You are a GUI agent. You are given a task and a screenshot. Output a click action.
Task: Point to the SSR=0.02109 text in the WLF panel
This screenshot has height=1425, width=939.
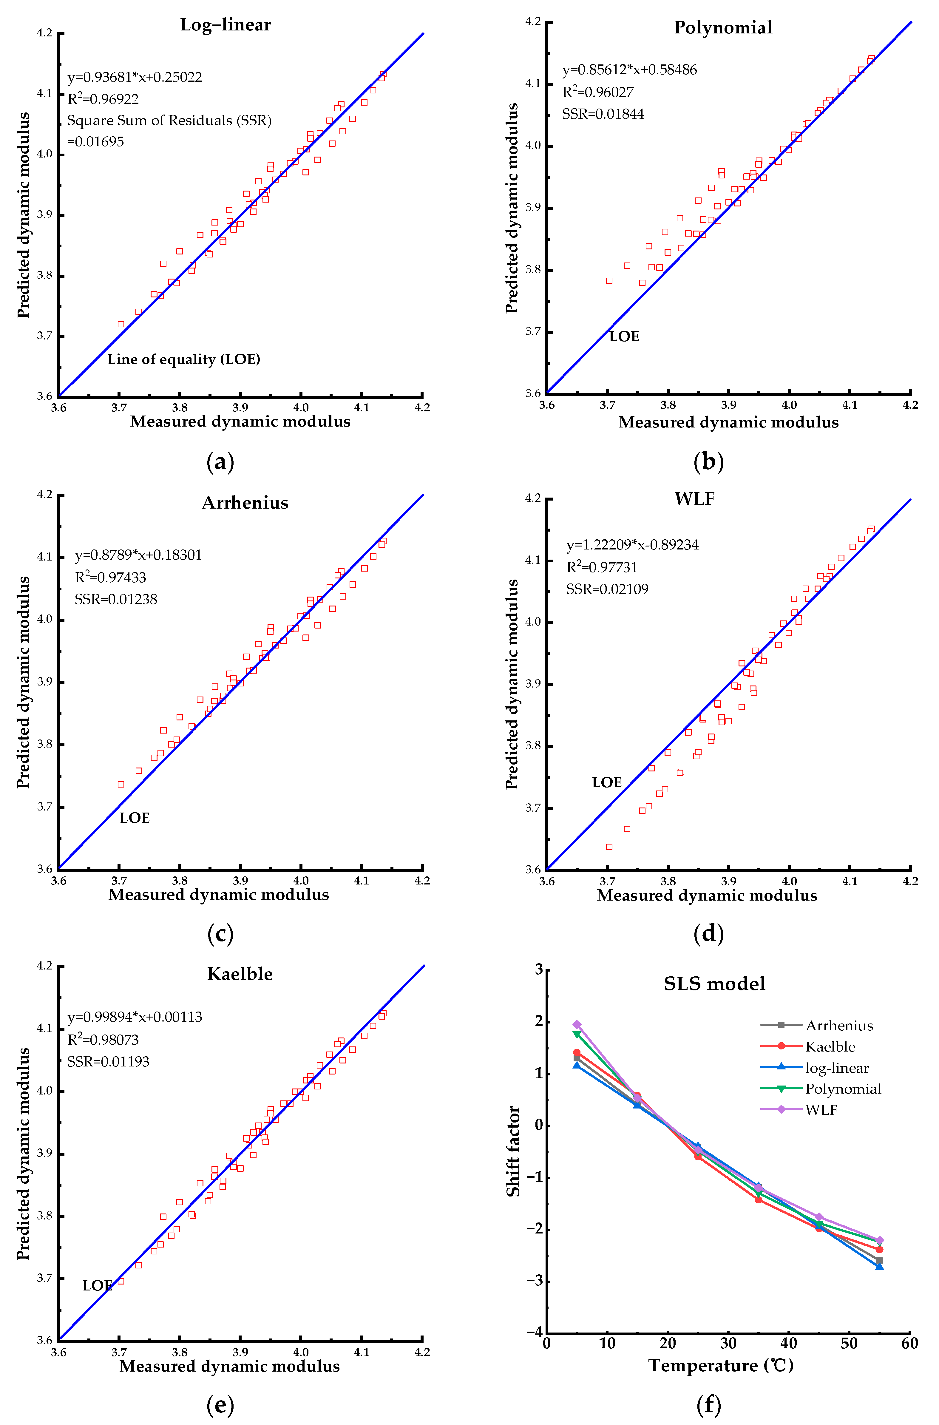[x=607, y=589]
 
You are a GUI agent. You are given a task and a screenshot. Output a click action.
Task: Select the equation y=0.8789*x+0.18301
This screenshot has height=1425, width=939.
[x=138, y=555]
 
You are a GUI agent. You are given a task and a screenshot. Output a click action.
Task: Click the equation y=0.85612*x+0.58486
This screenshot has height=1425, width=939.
[x=629, y=70]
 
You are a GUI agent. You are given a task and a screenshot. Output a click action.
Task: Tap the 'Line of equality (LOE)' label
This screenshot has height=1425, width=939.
[x=184, y=359]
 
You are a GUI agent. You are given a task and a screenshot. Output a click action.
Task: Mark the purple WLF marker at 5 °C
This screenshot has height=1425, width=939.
[x=577, y=1024]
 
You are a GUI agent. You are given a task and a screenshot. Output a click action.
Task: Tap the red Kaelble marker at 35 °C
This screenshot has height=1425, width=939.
[x=758, y=1199]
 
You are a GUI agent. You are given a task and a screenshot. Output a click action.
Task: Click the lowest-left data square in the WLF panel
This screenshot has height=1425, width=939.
[x=609, y=847]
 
